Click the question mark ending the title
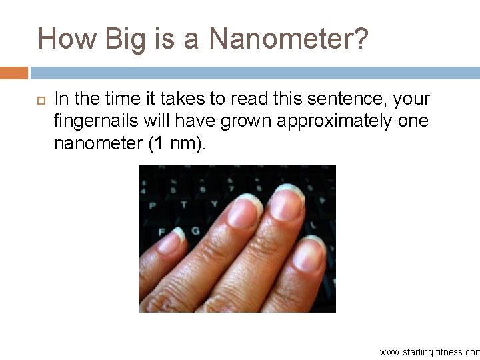tap(359, 39)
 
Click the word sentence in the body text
tap(350, 99)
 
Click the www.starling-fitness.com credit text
tap(429, 351)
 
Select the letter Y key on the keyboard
tap(215, 204)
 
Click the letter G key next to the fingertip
tap(195, 231)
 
